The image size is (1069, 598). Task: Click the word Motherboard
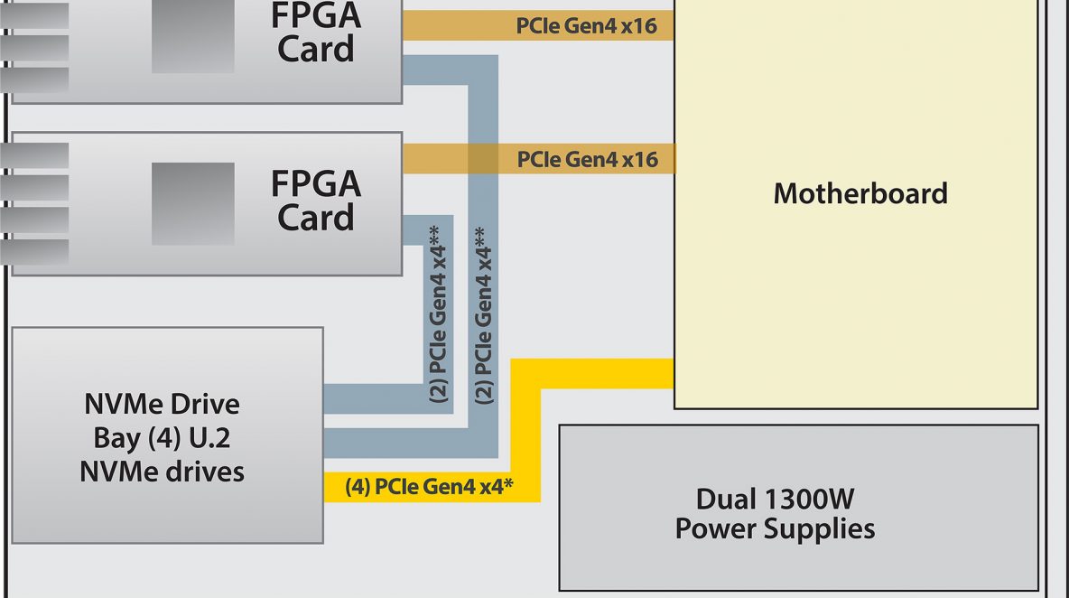[x=860, y=193]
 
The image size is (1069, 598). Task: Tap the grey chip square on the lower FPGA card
[x=193, y=203]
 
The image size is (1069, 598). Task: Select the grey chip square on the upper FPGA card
[x=193, y=36]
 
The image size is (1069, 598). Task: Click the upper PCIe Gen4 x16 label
[x=586, y=26]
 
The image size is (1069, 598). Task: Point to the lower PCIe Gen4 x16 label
[x=587, y=160]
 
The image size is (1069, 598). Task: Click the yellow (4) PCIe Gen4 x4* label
[x=429, y=487]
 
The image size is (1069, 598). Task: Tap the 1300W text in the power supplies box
[x=809, y=500]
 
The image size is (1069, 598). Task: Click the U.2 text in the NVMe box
[x=209, y=438]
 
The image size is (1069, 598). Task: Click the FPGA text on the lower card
[x=316, y=183]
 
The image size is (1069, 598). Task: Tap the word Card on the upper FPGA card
[x=316, y=49]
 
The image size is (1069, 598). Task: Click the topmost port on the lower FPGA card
[x=34, y=155]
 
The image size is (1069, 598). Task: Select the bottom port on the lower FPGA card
[x=34, y=252]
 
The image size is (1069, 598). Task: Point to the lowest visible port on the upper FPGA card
[x=34, y=79]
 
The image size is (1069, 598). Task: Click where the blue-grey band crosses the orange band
[x=483, y=158]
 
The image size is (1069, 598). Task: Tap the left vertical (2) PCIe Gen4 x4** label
[x=439, y=313]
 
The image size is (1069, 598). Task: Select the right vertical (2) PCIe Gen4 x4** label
[x=483, y=315]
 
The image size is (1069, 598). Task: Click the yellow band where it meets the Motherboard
[x=673, y=374]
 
